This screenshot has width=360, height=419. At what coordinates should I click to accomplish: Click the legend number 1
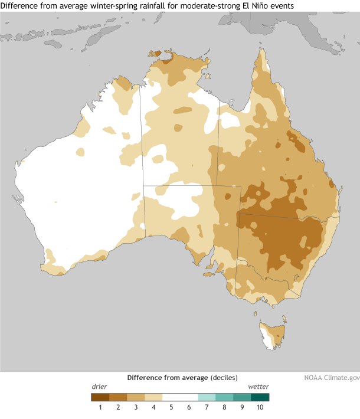point(100,407)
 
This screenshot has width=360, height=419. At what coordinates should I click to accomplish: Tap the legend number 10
point(260,407)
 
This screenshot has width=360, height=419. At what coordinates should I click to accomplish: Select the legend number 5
point(171,407)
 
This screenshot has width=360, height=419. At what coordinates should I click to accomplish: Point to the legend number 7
point(207,407)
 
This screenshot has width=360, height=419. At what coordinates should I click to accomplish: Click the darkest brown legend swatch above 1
point(100,397)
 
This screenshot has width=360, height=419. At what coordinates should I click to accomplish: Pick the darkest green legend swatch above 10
point(260,397)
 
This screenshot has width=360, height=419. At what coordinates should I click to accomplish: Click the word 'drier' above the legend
point(99,387)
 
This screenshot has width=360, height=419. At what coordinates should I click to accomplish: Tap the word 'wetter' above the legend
point(258,387)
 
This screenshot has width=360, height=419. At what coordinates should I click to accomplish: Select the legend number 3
point(136,407)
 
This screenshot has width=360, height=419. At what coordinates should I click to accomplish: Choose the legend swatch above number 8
point(224,397)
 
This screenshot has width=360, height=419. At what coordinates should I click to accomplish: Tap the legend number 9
point(242,407)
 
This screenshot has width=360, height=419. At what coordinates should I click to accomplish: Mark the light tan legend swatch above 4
point(153,397)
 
